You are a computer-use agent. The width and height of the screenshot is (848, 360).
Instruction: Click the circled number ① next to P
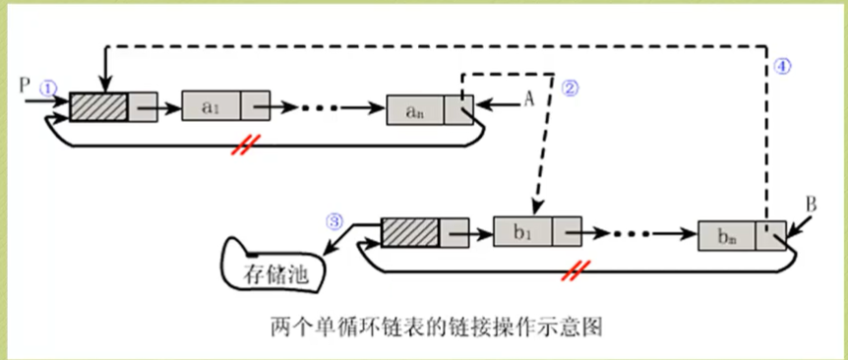pos(49,88)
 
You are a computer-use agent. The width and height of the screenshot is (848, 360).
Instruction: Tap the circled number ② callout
pos(570,88)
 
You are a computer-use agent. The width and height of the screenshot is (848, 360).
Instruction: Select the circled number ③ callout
pos(335,221)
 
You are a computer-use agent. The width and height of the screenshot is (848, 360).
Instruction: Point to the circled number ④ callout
pos(782,67)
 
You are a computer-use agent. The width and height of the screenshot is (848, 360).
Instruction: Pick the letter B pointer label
pos(812,205)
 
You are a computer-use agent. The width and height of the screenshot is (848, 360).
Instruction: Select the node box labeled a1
pos(211,106)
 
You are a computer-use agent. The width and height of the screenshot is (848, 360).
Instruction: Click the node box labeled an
pos(415,109)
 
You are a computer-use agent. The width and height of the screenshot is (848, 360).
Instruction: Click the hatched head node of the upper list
pos(98,105)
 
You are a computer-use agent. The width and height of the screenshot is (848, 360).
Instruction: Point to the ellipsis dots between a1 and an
pos(333,107)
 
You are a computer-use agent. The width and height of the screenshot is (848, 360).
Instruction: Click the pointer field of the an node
pos(458,109)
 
